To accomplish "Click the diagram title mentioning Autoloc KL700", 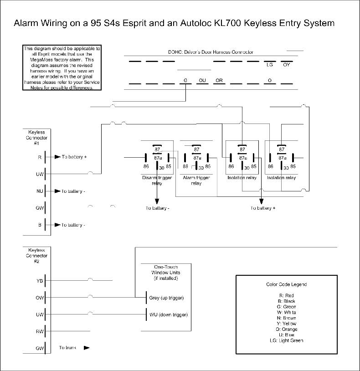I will click(x=175, y=23).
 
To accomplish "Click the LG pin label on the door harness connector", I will click(x=270, y=65).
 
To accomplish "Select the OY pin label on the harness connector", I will click(x=286, y=65).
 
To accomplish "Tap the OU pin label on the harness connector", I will click(x=203, y=81).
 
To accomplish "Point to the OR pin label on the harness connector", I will click(x=219, y=81).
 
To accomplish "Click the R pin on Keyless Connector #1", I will click(x=40, y=157).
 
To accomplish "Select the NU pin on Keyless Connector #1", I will click(x=40, y=191).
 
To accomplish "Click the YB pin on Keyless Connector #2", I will click(x=40, y=281).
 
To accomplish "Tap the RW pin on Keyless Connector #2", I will click(x=40, y=331).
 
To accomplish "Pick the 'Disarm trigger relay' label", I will click(x=157, y=180).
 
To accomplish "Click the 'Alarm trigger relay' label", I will click(x=196, y=180).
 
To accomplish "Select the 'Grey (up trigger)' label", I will click(x=166, y=298).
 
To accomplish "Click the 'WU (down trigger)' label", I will click(x=168, y=315).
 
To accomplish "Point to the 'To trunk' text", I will click(x=67, y=348).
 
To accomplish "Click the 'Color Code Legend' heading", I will click(x=286, y=284).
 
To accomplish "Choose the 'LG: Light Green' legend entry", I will click(x=286, y=340).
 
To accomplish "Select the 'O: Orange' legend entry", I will click(x=286, y=329).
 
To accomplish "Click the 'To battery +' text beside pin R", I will click(x=74, y=157).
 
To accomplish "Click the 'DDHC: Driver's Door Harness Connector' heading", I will click(x=211, y=52).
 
